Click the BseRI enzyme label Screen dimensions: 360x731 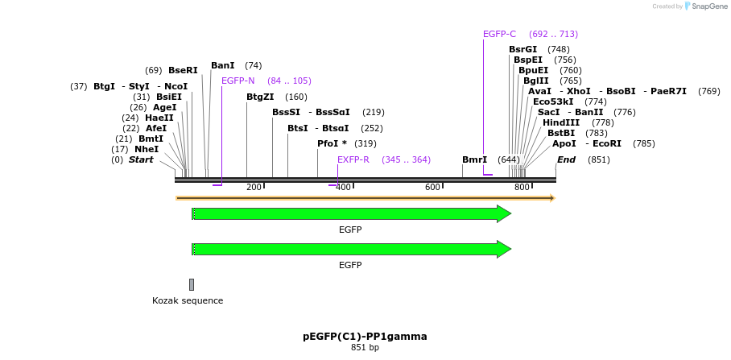click(183, 70)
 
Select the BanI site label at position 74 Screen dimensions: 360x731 click(223, 65)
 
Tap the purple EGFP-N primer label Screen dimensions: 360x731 click(238, 81)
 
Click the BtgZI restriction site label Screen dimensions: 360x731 click(260, 97)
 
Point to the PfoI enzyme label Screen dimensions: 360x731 click(328, 143)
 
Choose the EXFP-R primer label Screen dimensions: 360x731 click(353, 159)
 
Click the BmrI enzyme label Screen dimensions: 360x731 click(474, 159)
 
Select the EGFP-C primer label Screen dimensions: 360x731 click(499, 34)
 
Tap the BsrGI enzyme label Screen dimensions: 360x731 click(522, 49)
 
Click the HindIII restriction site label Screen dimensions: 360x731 click(561, 122)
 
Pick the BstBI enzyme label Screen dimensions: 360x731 click(561, 133)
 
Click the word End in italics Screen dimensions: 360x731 click(566, 159)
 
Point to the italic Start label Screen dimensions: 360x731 click(141, 159)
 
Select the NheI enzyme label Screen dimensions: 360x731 click(147, 149)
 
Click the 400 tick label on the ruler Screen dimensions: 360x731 click(343, 187)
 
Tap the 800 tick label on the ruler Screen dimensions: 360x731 click(522, 187)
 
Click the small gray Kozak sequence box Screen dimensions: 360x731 click(192, 284)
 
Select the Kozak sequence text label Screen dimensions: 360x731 click(188, 300)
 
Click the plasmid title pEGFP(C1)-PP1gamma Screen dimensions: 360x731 click(365, 336)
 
